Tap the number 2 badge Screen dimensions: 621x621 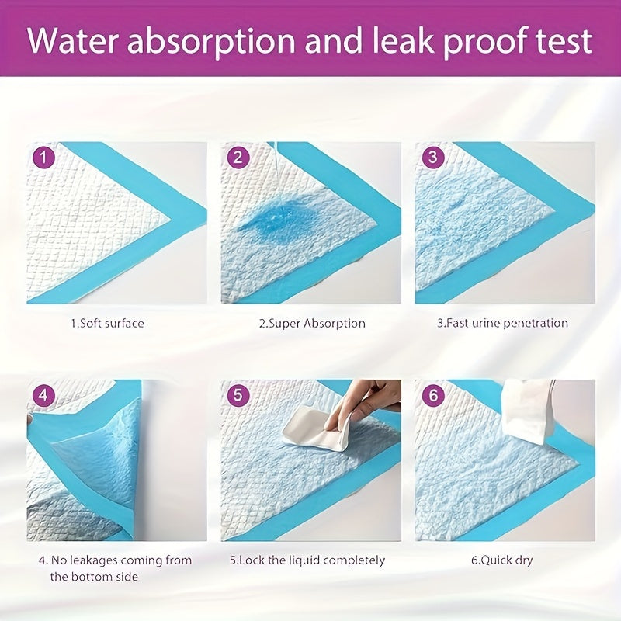pyautogui.click(x=238, y=158)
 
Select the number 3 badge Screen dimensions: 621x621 pyautogui.click(x=432, y=158)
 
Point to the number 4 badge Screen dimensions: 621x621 pyautogui.click(x=45, y=395)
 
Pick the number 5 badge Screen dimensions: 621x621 pyautogui.click(x=238, y=395)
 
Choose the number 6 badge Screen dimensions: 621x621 pyautogui.click(x=432, y=395)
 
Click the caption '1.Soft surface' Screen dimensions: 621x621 pyautogui.click(x=107, y=323)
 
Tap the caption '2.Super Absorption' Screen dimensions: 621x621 pyautogui.click(x=312, y=323)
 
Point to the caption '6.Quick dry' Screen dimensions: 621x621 pyautogui.click(x=501, y=560)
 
